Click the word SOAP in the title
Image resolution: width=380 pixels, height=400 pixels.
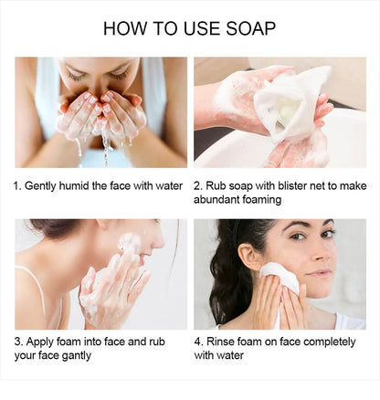click(x=250, y=28)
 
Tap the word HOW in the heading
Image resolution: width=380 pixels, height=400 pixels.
click(x=124, y=28)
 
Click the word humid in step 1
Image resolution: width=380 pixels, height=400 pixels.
click(x=74, y=185)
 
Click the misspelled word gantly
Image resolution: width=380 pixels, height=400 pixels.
click(x=77, y=355)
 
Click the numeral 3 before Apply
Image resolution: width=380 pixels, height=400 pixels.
click(x=18, y=342)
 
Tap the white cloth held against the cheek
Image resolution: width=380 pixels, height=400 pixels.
click(x=280, y=277)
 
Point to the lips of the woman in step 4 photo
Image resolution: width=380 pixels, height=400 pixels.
click(x=319, y=273)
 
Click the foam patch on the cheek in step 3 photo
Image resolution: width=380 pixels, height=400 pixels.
click(x=130, y=243)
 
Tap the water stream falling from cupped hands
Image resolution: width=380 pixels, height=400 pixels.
click(x=106, y=148)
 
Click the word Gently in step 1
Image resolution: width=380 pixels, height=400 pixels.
click(x=40, y=186)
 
